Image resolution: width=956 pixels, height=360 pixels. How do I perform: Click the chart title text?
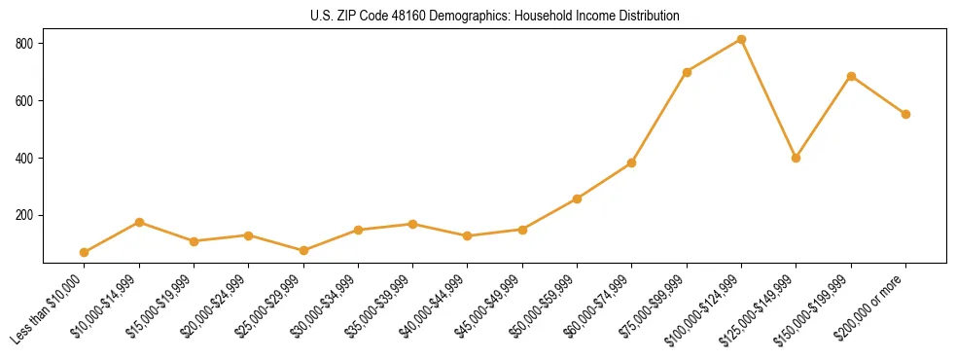478,17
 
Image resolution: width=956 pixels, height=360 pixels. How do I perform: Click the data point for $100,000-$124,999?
741,40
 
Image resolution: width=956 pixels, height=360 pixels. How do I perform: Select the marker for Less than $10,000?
85,253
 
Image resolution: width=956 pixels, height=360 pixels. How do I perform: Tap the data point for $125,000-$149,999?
797,158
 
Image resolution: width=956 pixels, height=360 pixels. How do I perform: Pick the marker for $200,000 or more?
905,114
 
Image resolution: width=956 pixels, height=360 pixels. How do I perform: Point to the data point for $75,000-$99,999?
687,72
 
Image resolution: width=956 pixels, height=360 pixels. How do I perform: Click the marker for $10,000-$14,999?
139,223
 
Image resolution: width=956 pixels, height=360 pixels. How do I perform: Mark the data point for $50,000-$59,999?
578,198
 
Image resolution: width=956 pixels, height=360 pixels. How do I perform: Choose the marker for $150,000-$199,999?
851,76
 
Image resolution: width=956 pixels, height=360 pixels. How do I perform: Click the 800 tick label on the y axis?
24,44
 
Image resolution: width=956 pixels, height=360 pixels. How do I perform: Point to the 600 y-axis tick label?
24,101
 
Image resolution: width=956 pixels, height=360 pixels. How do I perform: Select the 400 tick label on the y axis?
24,158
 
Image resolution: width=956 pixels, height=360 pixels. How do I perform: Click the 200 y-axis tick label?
24,215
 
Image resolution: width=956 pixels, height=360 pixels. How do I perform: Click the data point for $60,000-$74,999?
632,162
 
